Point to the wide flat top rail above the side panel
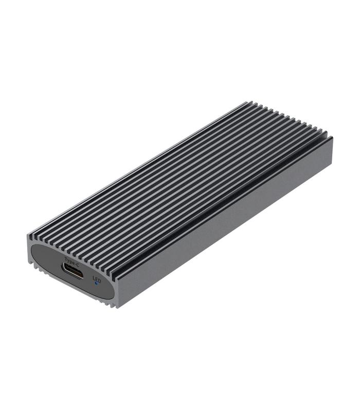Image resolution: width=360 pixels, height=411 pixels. point(221,198)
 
